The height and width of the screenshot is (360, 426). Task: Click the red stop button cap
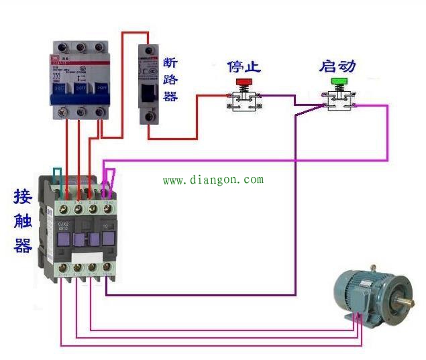point(242,82)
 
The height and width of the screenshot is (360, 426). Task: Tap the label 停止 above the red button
point(244,67)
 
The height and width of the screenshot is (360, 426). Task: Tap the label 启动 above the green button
point(337,66)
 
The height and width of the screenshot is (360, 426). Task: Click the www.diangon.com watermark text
point(213,180)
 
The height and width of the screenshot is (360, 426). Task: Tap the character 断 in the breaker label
point(170,64)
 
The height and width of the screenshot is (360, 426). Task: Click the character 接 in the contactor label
point(23,197)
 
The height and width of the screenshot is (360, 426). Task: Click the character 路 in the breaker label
point(170,80)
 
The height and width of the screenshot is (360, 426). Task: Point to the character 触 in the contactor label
point(23,221)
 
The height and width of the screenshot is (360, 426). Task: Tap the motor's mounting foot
point(356,320)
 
